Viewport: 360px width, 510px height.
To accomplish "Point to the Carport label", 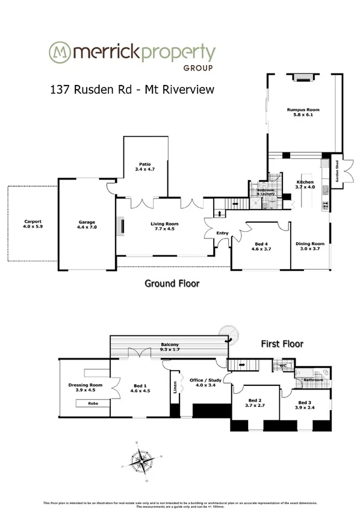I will point(33,220).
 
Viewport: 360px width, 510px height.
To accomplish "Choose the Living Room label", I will point(164,223).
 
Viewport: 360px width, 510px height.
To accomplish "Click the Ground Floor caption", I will point(172,282).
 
